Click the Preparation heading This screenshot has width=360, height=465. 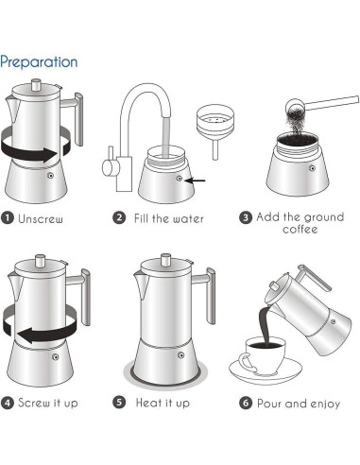[39, 61]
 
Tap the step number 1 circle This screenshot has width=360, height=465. [8, 218]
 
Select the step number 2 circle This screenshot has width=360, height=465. [119, 217]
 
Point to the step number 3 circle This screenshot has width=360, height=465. [246, 217]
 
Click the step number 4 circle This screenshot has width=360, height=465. [8, 403]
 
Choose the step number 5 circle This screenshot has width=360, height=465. [119, 403]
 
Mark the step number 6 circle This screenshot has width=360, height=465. [246, 403]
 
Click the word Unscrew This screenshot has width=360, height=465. [41, 218]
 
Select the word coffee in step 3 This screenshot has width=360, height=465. [300, 229]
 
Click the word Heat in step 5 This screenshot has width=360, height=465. [147, 403]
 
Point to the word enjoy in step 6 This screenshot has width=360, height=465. [325, 404]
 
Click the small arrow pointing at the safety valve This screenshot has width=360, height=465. [195, 181]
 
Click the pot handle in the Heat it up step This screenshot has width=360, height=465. [206, 295]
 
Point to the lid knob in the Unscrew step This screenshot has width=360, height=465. [37, 85]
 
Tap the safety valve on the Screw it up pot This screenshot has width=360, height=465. [56, 357]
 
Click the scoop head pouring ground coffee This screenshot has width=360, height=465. [296, 106]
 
